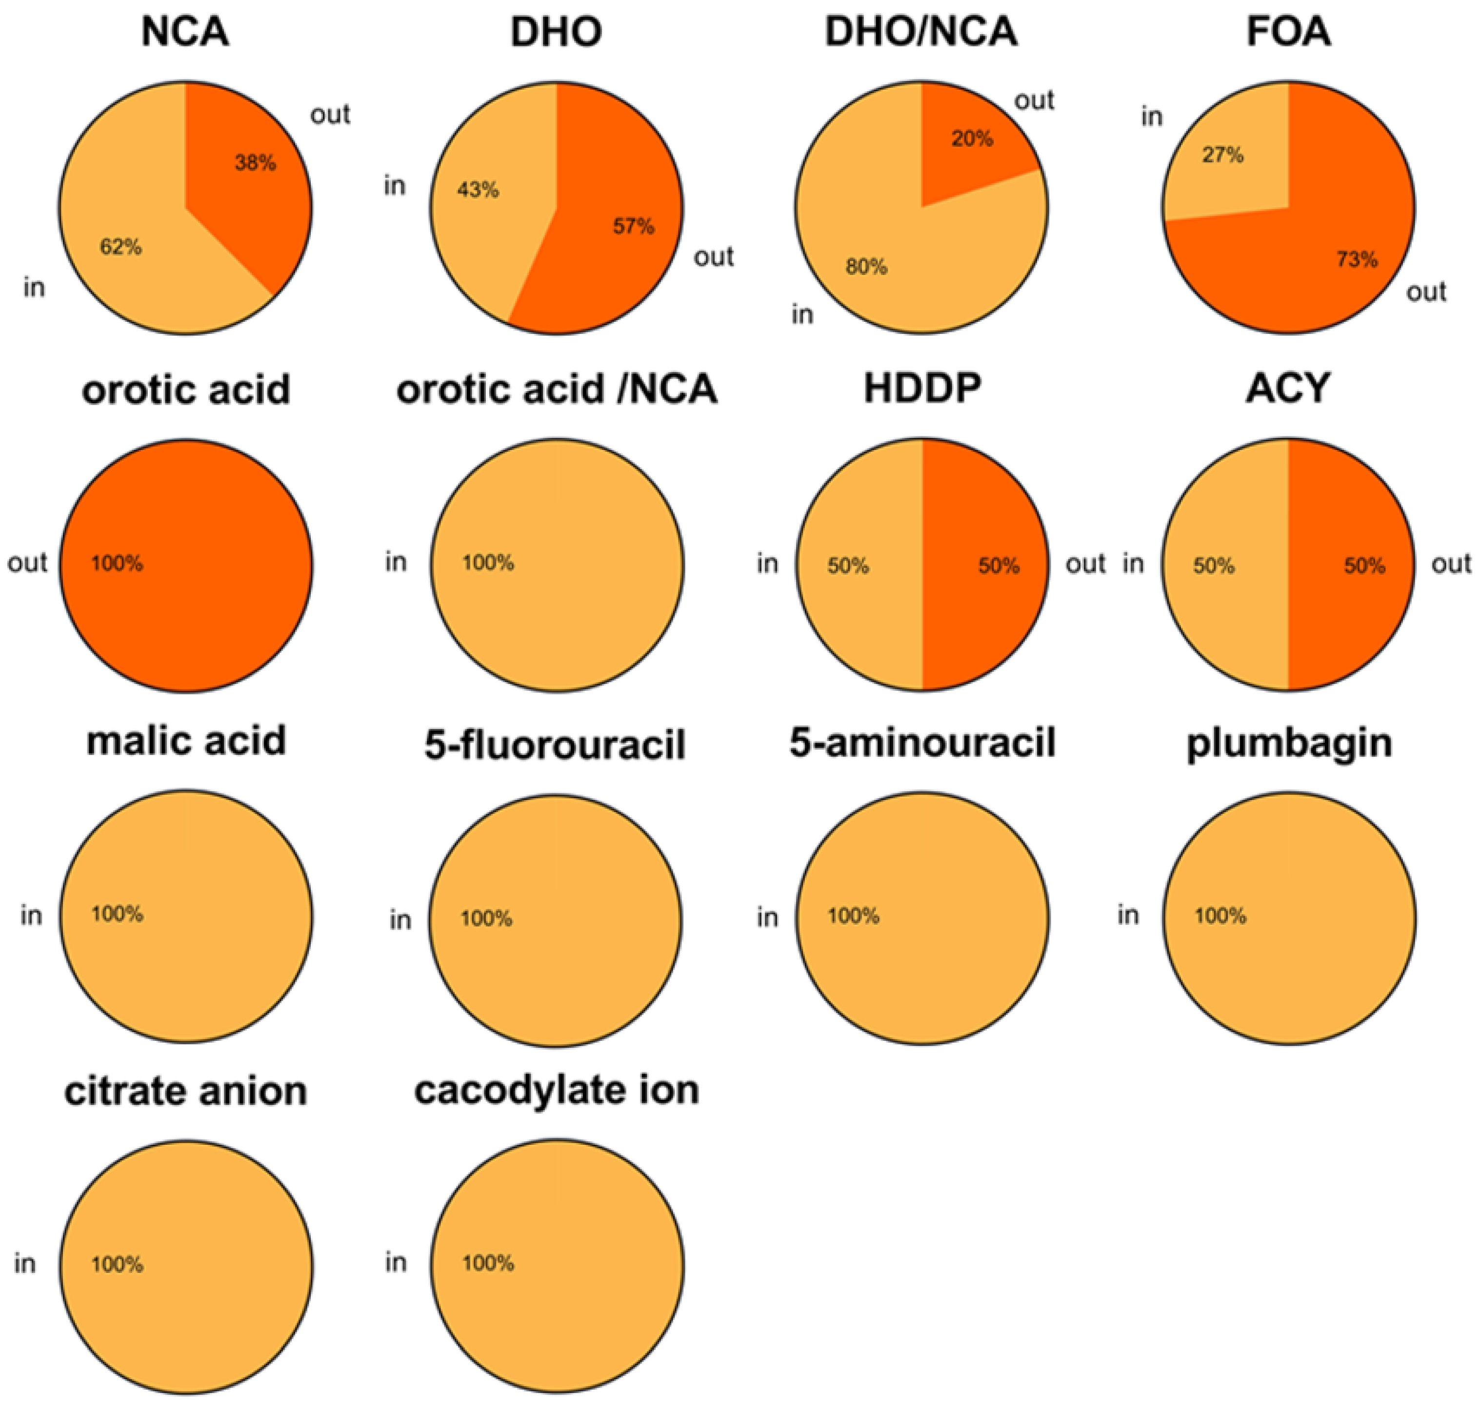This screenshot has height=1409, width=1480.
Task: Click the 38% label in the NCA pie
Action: coord(256,162)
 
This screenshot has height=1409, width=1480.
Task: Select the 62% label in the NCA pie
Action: coord(121,246)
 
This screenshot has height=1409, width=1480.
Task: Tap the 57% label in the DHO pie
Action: coord(633,226)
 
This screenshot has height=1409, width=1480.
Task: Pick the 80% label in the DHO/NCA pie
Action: coord(866,267)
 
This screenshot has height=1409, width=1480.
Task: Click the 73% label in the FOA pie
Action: coord(1357,260)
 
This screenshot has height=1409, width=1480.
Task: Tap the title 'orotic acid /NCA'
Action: coord(557,389)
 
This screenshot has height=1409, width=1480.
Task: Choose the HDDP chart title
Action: coord(922,388)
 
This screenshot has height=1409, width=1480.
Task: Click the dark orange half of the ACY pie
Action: coord(1352,565)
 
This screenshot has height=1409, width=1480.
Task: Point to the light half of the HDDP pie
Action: coord(857,565)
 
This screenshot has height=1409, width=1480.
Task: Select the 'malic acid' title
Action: coord(186,741)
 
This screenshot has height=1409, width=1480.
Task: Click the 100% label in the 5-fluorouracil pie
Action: coord(486,918)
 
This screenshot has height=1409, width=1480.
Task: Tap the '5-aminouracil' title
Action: coord(922,742)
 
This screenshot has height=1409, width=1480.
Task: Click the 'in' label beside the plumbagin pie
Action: coord(1128,915)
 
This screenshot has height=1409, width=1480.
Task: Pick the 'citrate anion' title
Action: coord(185,1091)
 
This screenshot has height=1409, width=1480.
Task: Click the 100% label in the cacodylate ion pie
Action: coord(488,1263)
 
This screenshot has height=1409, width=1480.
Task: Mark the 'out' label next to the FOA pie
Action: coord(1426,292)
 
